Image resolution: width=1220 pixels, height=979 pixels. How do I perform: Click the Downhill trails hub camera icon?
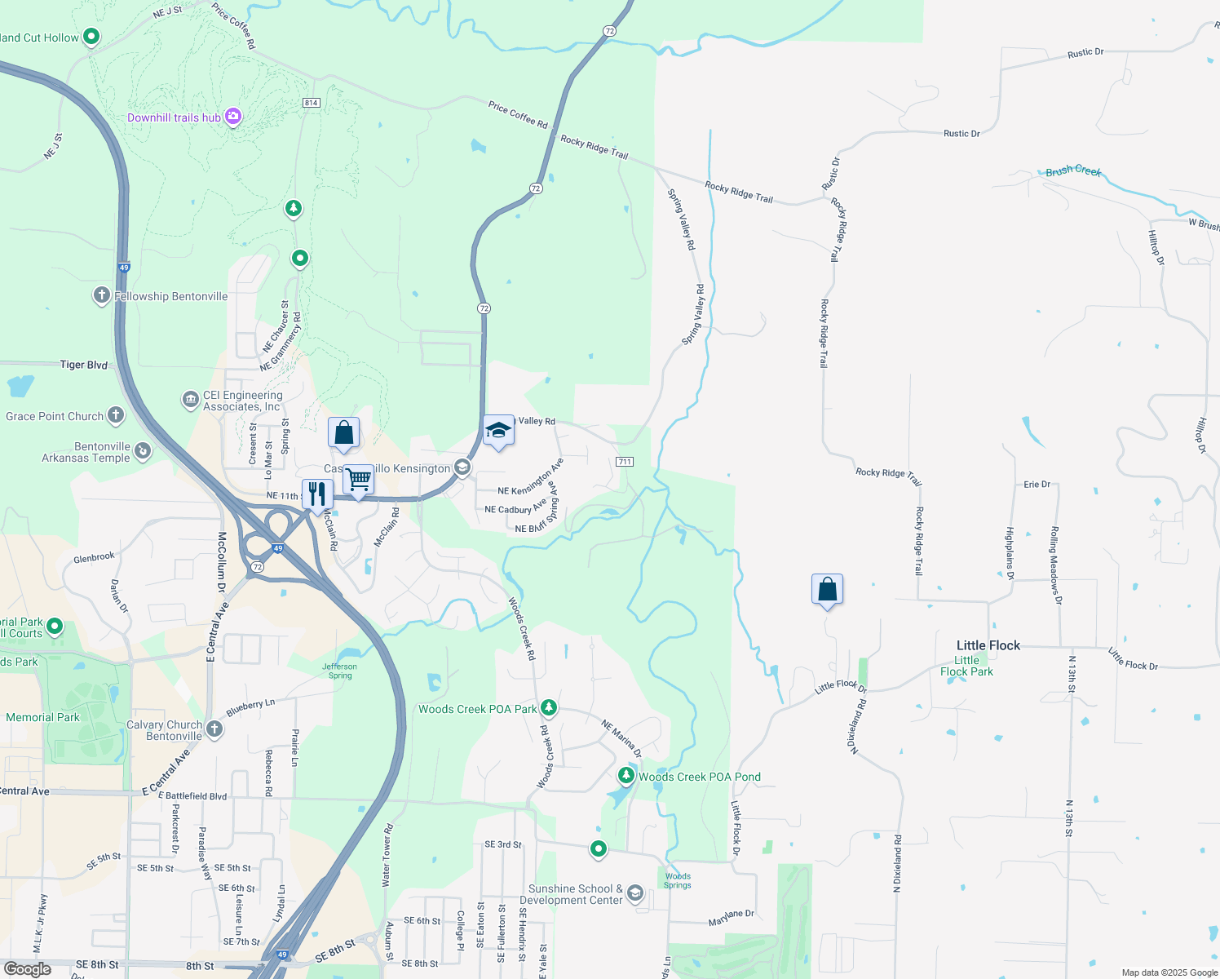tap(233, 117)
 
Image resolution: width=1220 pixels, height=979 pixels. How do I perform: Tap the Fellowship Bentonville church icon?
tap(101, 295)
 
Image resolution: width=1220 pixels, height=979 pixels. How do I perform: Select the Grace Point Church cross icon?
tap(116, 415)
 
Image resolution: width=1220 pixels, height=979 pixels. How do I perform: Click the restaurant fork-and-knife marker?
tap(317, 494)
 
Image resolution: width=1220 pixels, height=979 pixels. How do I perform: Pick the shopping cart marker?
tap(358, 480)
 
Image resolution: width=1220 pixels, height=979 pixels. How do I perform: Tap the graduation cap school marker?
tap(498, 431)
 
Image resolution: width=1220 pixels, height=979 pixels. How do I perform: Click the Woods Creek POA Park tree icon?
tap(549, 707)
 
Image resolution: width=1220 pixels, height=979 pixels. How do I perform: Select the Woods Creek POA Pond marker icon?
tap(626, 775)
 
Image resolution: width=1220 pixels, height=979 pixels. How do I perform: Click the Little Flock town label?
tap(988, 645)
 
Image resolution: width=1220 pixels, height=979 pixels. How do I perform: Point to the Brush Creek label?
tap(1073, 171)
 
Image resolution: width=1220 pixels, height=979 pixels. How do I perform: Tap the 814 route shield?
tap(311, 103)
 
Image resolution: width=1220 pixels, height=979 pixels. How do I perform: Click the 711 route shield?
tap(625, 462)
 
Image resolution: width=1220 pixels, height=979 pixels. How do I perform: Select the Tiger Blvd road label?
tap(84, 365)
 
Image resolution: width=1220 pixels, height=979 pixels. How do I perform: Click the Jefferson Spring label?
tap(339, 671)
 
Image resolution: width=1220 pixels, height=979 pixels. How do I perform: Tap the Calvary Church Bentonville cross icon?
tap(214, 729)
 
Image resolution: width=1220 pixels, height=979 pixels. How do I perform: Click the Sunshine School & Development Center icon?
tap(635, 893)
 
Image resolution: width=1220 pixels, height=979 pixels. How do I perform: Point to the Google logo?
tap(28, 968)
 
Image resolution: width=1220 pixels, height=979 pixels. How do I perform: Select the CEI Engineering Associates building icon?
tap(190, 399)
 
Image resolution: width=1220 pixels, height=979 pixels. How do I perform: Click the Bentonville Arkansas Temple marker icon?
tap(143, 450)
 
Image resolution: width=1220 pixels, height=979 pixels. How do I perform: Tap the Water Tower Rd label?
tap(388, 855)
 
